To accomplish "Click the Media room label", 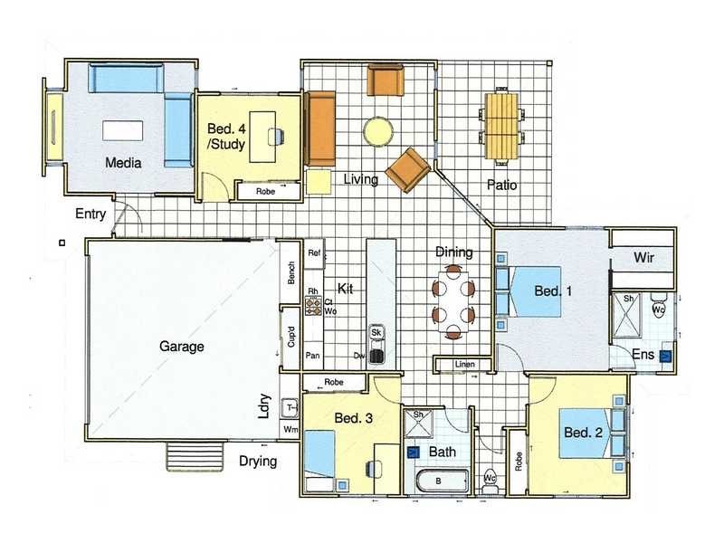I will pos(123,164).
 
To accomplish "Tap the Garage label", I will pos(182,346).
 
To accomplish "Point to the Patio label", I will pos(501,185).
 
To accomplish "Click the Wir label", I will pos(643,258).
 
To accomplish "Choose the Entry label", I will pos(91,215).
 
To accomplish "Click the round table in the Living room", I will pos(378,132).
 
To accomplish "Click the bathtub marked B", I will pos(439,481).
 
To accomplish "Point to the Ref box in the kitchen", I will pos(314,252).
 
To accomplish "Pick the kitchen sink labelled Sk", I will pos(377,332).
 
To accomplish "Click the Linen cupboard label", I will pos(464,365).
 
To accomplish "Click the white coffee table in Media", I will pos(122,130).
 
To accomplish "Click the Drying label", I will pos(258,462).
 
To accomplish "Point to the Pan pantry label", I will pos(312,355).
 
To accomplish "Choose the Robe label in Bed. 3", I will pos(333,384).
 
